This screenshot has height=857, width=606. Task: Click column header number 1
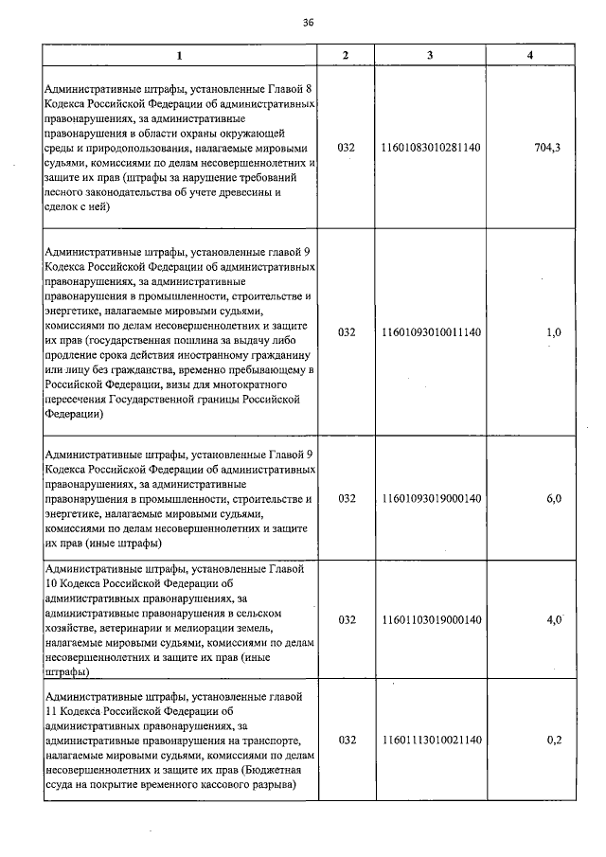click(x=179, y=56)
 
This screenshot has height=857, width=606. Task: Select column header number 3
click(x=430, y=56)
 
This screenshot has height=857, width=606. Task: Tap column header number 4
click(x=529, y=56)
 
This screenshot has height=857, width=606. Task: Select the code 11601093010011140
click(x=431, y=332)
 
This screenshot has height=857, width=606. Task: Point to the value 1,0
click(x=554, y=332)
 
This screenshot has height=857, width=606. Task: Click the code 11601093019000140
click(x=431, y=498)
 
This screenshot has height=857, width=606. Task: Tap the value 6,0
click(x=554, y=498)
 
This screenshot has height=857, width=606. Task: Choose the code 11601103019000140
click(x=431, y=620)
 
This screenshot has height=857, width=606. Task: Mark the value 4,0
click(x=554, y=620)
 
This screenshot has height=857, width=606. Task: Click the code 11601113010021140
click(x=431, y=740)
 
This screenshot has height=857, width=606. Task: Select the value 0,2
click(x=554, y=740)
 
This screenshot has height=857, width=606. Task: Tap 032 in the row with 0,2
click(x=347, y=740)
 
